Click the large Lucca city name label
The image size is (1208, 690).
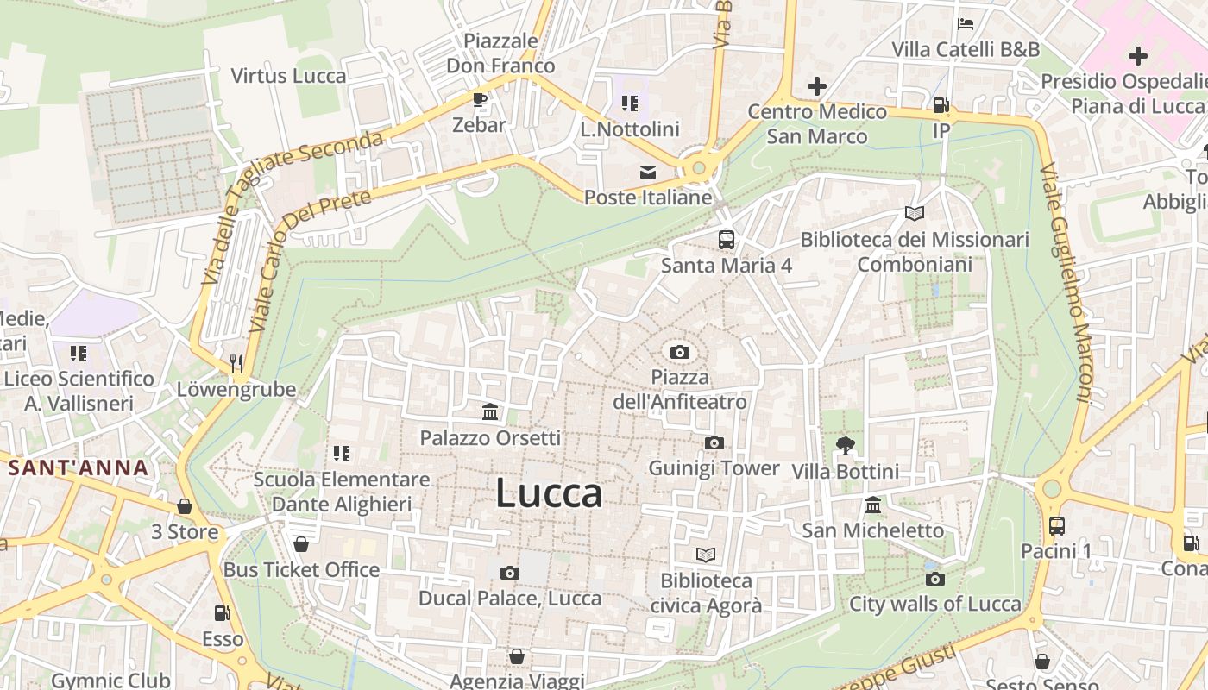click(x=549, y=493)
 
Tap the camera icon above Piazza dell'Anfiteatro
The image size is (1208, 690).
click(x=680, y=352)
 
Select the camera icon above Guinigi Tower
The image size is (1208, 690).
click(x=714, y=443)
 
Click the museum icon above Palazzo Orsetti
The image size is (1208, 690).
click(x=490, y=412)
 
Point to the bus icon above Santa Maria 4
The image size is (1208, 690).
click(x=727, y=240)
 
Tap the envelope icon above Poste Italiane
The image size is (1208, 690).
click(x=647, y=172)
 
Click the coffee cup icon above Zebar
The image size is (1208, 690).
click(x=480, y=100)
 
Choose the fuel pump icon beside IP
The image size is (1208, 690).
click(x=941, y=106)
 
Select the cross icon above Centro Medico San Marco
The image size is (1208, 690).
click(x=816, y=86)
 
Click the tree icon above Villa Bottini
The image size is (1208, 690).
click(x=845, y=446)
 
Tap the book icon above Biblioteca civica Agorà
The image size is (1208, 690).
click(x=706, y=555)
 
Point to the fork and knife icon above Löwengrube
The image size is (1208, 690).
click(x=237, y=364)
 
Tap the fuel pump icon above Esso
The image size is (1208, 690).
click(x=223, y=613)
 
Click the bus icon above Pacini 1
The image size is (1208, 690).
click(x=1056, y=525)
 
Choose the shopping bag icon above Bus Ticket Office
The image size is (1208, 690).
click(x=301, y=544)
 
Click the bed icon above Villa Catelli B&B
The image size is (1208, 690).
click(x=966, y=23)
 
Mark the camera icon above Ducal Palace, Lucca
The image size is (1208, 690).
click(x=510, y=573)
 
